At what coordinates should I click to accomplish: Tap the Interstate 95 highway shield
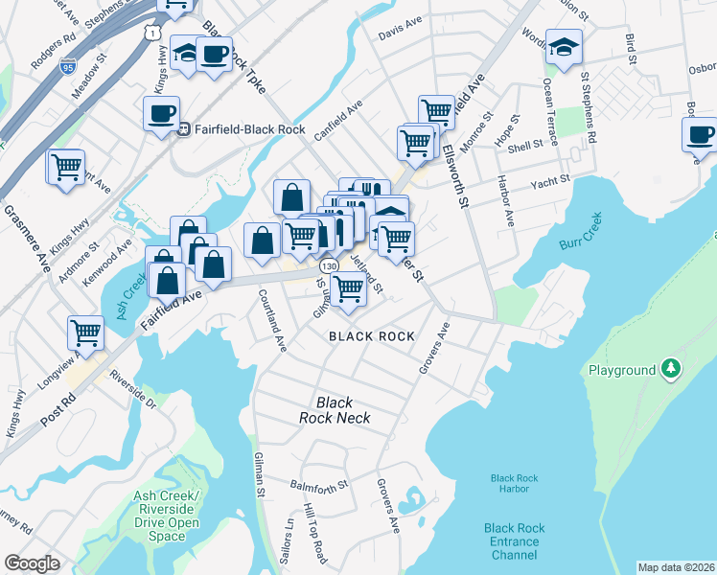67,66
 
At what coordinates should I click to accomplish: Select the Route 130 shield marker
329,264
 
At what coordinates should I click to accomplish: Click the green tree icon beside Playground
673,369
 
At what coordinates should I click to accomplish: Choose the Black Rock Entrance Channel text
515,541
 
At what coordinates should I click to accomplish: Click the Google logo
32,563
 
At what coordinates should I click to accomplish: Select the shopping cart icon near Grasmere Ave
66,167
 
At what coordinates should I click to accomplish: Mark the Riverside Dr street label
133,388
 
